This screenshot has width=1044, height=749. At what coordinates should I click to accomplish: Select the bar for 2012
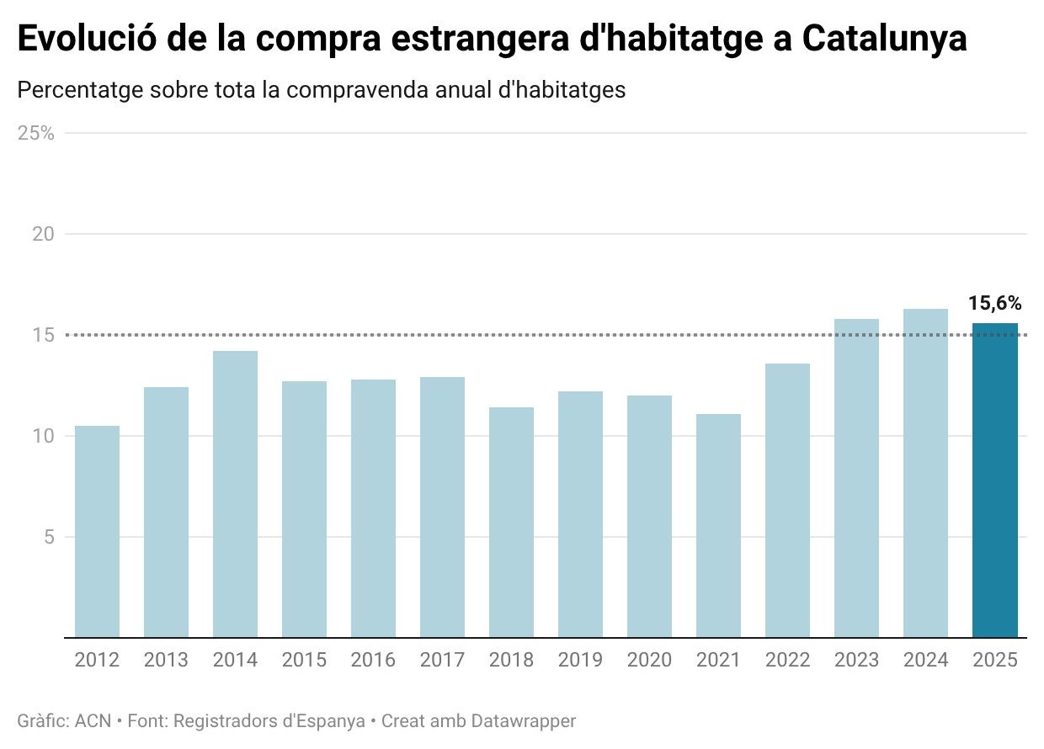pos(97,532)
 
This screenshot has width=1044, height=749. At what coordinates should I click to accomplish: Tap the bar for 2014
pos(235,494)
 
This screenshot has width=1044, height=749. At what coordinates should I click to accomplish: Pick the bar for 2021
pos(718,526)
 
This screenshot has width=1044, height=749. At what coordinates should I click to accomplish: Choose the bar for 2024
pos(925,473)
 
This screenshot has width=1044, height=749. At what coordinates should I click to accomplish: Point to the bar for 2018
pos(511,523)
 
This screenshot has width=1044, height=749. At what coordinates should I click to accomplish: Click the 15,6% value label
pos(994,304)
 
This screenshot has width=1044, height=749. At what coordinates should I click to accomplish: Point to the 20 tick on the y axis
pos(43,234)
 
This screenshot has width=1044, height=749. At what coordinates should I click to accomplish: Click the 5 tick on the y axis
pos(49,537)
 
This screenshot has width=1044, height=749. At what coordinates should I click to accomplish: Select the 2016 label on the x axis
pos(373,660)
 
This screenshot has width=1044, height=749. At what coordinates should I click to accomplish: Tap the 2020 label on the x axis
pos(649,660)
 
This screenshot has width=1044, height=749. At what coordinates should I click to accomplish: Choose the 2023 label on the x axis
pos(856,660)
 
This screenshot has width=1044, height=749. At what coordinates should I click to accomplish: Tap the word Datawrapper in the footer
pos(523,721)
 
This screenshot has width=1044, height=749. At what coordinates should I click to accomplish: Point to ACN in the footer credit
pos(93,721)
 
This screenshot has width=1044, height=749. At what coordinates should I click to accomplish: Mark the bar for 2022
pos(787,501)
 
